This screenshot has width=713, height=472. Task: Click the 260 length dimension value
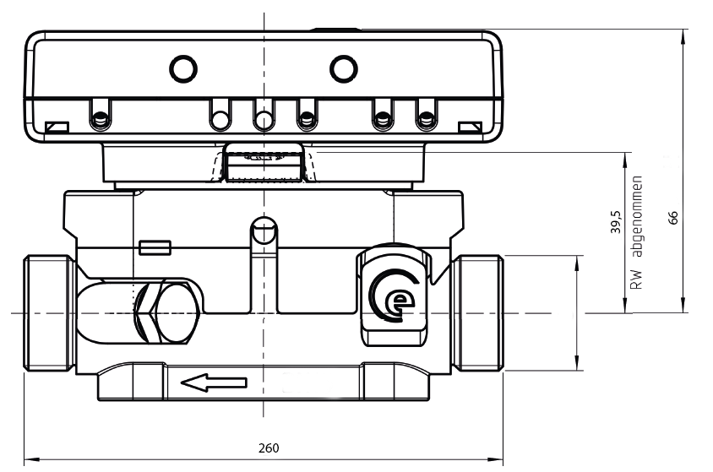click(268, 448)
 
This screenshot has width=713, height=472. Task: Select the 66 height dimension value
click(673, 217)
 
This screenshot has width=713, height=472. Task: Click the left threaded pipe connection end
click(47, 312)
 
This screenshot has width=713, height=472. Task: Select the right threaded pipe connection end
click(479, 312)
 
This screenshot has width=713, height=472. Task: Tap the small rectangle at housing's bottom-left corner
click(58, 127)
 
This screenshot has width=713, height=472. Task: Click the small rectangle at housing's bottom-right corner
click(469, 127)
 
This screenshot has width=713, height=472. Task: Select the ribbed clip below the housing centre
click(264, 162)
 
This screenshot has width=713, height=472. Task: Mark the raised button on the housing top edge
click(335, 30)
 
